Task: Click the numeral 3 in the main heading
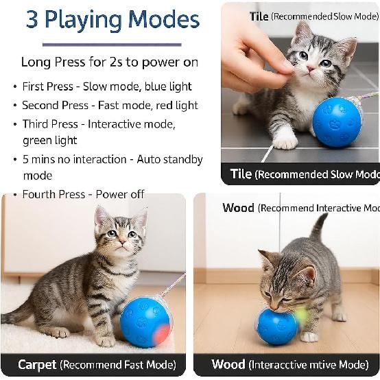[32, 19]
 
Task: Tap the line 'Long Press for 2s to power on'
[110, 62]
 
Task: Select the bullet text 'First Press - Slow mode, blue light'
[107, 86]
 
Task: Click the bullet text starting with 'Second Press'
[110, 106]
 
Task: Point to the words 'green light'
[50, 141]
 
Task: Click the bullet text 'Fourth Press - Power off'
[83, 194]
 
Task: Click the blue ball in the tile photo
[337, 121]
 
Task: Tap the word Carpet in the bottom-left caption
[37, 364]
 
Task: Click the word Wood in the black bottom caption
[228, 364]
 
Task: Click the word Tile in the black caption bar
[241, 174]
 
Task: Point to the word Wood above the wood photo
[238, 208]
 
